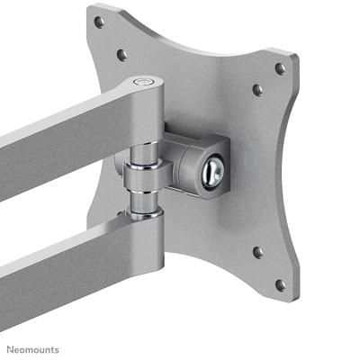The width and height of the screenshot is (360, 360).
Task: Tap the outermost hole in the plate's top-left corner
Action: pos(99,22)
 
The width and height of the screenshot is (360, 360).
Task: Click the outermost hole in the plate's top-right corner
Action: pos(280,68)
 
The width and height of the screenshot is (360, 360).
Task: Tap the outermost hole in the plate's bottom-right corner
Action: pos(280,284)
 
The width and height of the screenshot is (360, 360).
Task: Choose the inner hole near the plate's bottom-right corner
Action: pos(257,253)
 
